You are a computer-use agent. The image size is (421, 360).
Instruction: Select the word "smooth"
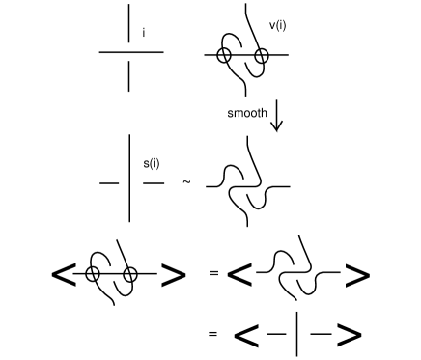(247, 113)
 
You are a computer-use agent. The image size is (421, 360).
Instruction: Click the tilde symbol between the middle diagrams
(186, 180)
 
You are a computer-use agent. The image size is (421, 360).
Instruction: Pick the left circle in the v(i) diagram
(224, 56)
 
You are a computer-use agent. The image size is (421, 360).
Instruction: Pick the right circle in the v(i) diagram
(261, 56)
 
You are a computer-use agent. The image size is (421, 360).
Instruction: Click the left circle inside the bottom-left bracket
(93, 274)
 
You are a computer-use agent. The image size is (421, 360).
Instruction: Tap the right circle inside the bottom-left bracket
(130, 274)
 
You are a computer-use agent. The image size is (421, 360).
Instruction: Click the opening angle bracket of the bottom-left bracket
(65, 275)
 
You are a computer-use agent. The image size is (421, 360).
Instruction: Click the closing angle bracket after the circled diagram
(173, 275)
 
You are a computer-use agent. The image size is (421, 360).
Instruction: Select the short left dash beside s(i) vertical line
(108, 181)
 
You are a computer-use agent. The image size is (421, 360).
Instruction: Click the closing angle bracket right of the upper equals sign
(356, 276)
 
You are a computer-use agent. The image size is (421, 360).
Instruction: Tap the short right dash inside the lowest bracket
(318, 335)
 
